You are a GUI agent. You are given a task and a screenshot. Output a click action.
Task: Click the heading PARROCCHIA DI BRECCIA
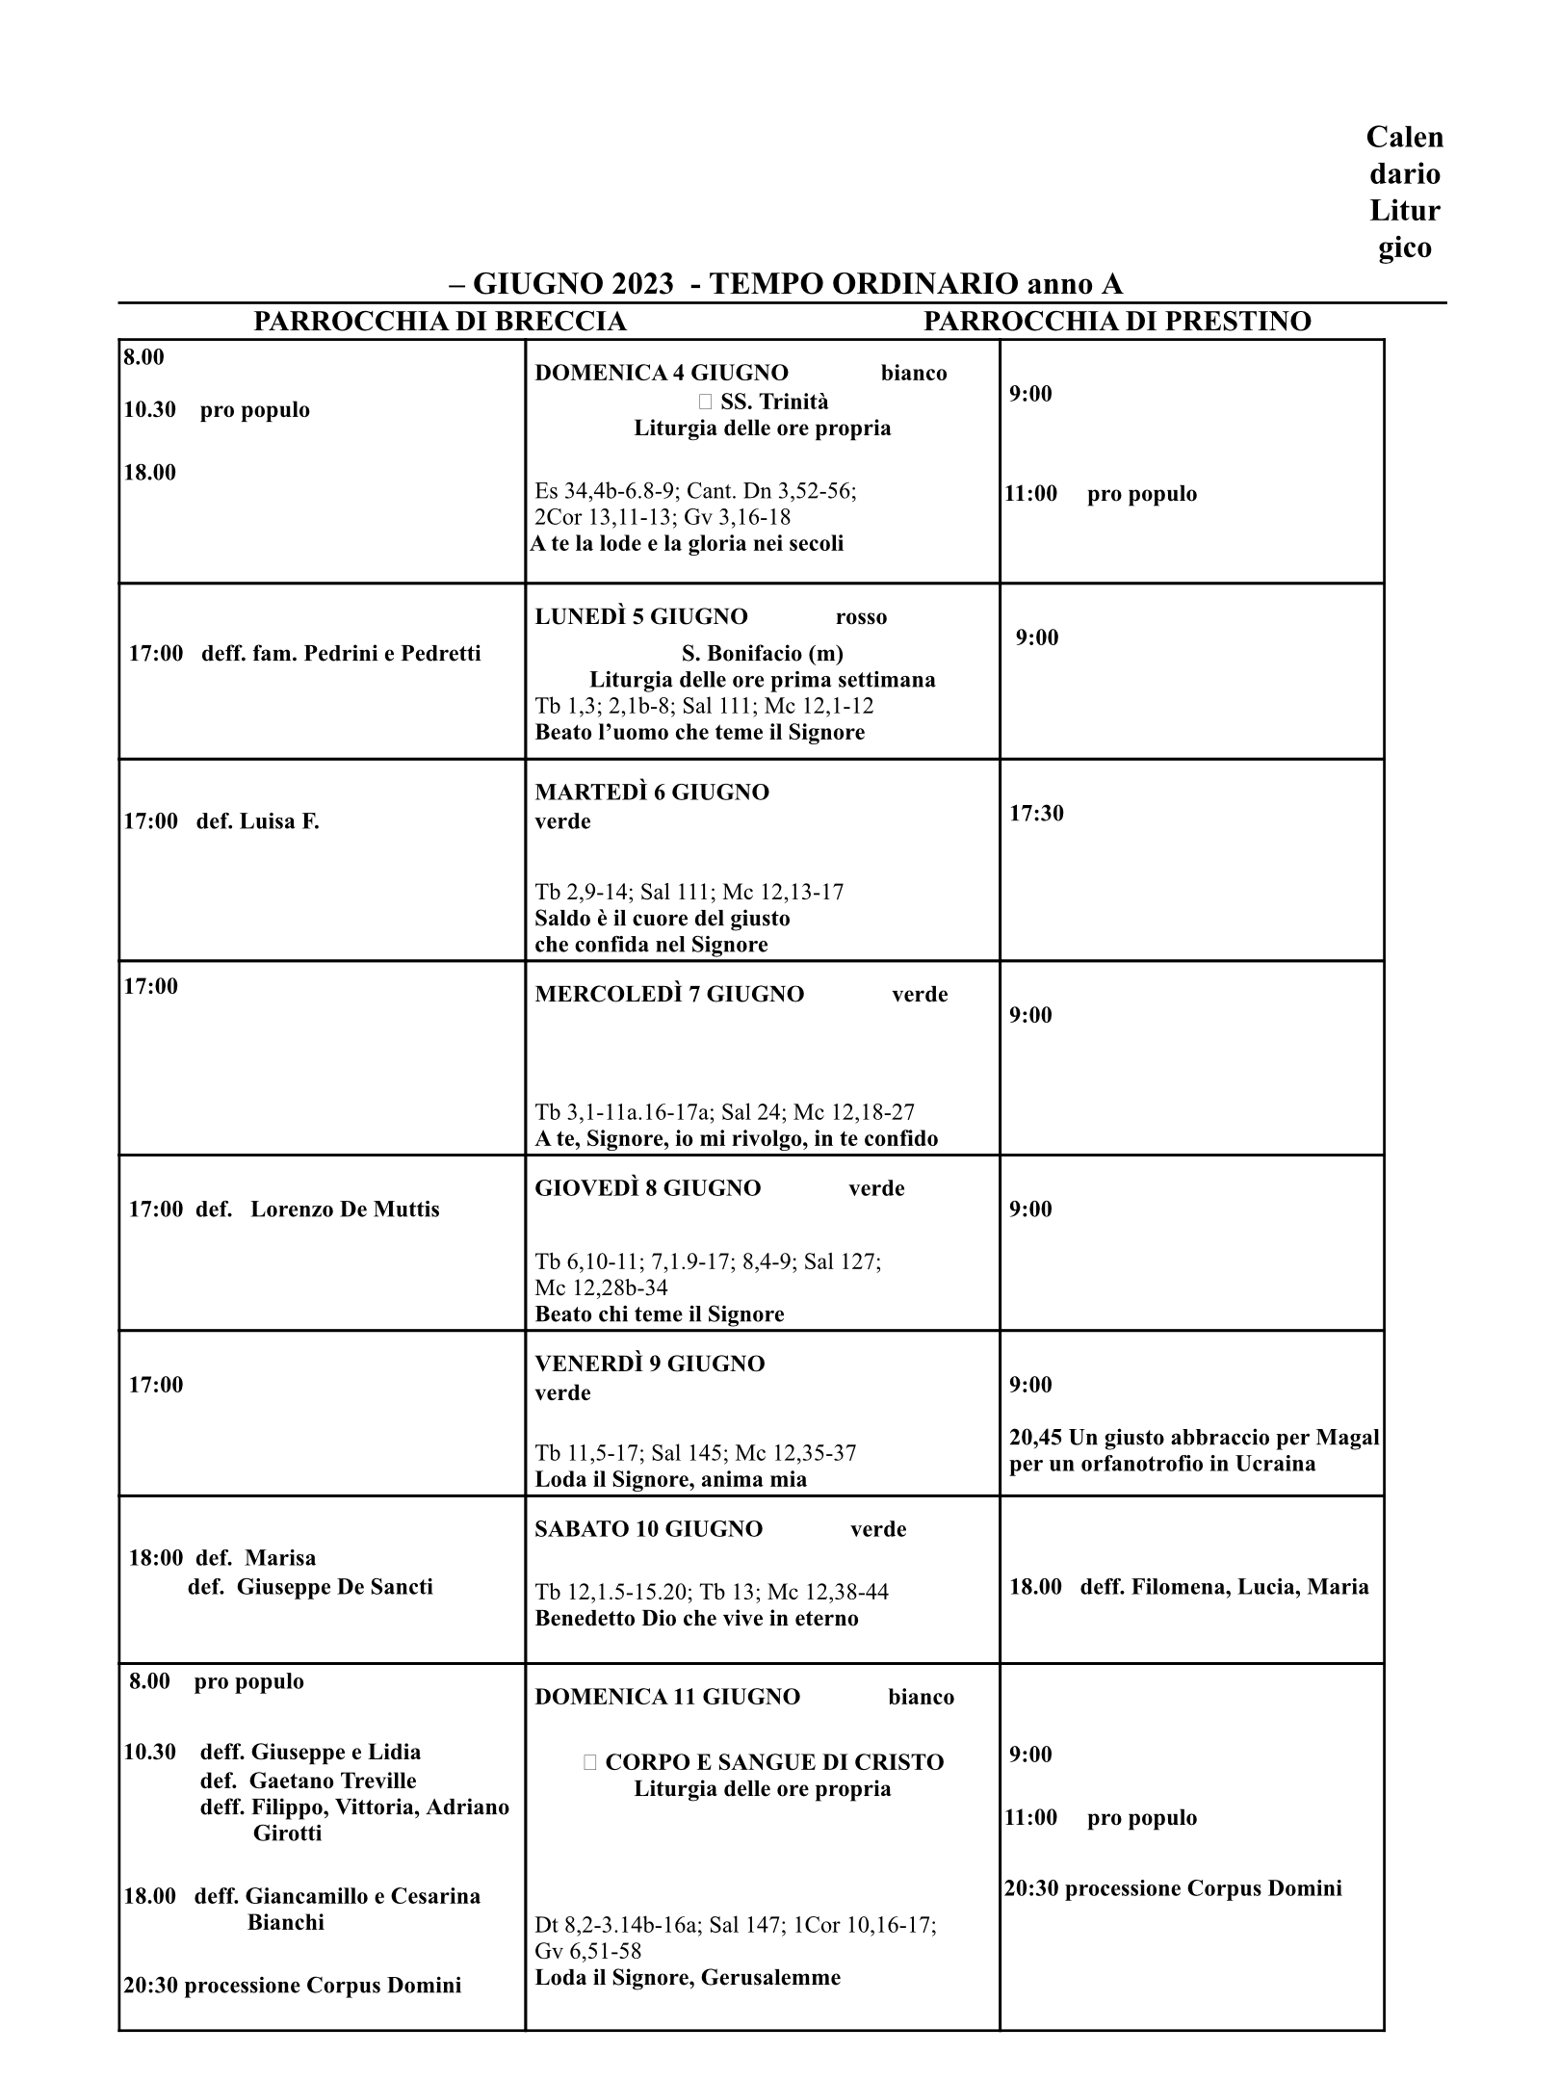(x=439, y=322)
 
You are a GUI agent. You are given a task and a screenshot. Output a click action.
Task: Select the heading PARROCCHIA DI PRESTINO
(x=1117, y=322)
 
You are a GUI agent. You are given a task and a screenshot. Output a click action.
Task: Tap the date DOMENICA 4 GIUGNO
(x=662, y=374)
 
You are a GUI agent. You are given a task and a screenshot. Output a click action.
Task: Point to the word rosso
(x=861, y=617)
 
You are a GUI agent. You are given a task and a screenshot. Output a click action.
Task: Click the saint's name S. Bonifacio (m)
(x=762, y=654)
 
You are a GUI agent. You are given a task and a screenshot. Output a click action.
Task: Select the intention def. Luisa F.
(x=257, y=821)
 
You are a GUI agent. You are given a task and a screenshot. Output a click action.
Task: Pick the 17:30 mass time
(x=1036, y=814)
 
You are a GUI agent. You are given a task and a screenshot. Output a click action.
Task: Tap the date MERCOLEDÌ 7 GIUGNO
(x=669, y=995)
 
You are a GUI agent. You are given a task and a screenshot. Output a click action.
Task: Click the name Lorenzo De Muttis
(x=345, y=1209)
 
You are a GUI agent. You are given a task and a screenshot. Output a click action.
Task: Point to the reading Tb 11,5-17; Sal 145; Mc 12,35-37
(x=695, y=1453)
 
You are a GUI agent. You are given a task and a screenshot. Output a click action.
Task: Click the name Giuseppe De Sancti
(x=334, y=1587)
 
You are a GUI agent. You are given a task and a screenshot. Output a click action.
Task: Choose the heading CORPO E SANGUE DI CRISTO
(x=774, y=1762)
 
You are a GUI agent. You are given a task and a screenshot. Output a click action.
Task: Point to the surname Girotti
(x=287, y=1833)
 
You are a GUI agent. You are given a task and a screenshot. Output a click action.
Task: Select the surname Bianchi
(x=285, y=1922)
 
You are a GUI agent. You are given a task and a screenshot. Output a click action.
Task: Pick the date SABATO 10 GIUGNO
(x=648, y=1529)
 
